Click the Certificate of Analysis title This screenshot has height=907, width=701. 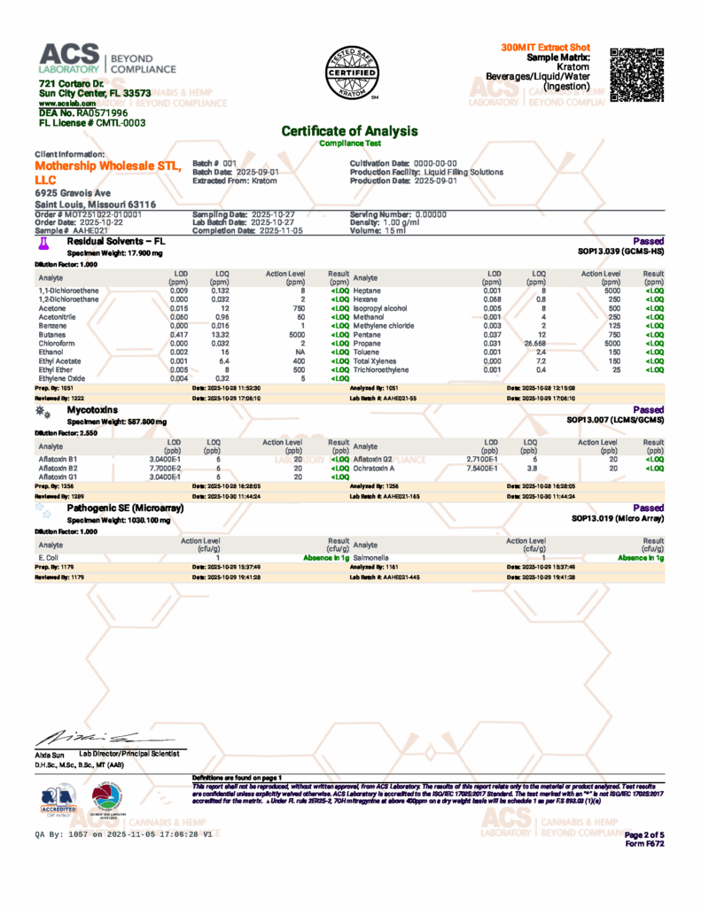tap(349, 131)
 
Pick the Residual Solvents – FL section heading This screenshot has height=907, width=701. tap(116, 240)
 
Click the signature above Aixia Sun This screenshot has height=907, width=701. tap(89, 737)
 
